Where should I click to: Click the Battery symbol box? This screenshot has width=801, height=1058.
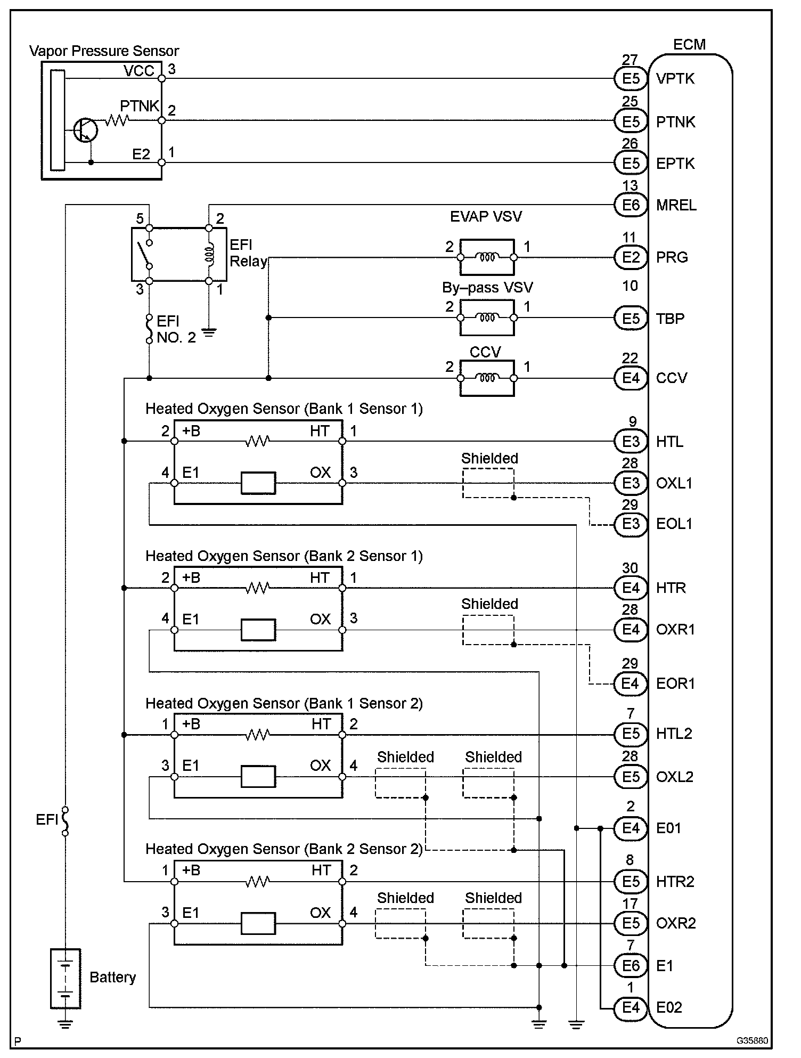tap(66, 979)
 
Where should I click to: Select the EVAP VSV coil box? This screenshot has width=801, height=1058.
tap(487, 257)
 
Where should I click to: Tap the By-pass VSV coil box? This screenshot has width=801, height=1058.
tap(487, 318)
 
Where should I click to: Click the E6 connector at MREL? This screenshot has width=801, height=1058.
tap(631, 205)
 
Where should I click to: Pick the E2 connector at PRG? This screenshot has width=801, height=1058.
tap(631, 257)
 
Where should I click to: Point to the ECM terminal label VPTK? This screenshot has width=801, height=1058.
tap(675, 79)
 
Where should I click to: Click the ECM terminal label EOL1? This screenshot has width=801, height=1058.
tap(674, 524)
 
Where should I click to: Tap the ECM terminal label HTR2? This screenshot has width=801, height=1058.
tap(675, 882)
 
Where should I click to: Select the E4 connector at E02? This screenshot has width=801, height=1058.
tap(631, 1007)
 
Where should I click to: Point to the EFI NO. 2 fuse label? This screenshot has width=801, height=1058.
tap(176, 329)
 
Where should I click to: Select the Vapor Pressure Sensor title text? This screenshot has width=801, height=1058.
tap(104, 51)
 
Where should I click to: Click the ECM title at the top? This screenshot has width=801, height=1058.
tap(689, 44)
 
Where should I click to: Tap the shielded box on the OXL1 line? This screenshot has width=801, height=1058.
tap(488, 483)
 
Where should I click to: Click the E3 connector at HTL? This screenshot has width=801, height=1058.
tap(631, 442)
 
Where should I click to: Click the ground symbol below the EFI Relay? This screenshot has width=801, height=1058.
tap(209, 334)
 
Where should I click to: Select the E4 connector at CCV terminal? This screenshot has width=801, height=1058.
tap(631, 378)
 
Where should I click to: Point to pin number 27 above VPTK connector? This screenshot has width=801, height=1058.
tap(630, 60)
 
